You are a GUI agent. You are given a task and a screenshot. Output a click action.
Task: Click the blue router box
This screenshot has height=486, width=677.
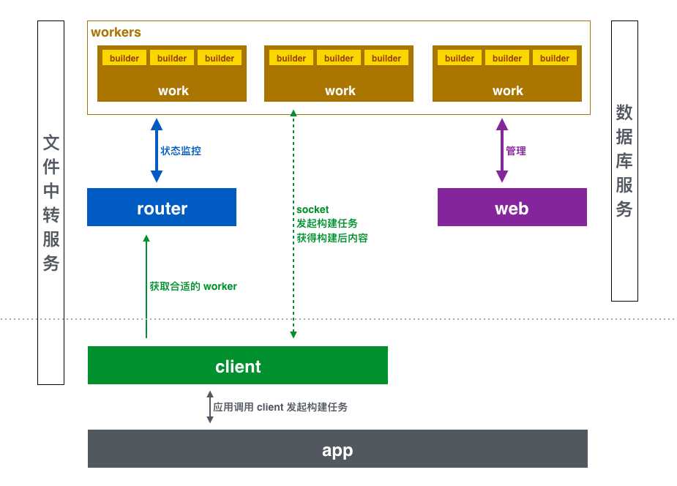click(x=162, y=208)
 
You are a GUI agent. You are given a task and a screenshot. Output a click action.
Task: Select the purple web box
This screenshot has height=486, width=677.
click(x=512, y=208)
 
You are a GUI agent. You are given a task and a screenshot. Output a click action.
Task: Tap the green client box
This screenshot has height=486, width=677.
click(x=237, y=366)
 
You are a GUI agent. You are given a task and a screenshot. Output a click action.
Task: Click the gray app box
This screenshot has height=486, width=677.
click(x=337, y=449)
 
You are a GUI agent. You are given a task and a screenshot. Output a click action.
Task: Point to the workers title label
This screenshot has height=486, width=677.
click(x=116, y=33)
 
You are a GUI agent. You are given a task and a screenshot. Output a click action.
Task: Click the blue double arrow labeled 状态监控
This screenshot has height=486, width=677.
click(x=156, y=152)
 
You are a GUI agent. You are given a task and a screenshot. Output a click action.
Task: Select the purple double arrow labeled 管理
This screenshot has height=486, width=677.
click(x=501, y=152)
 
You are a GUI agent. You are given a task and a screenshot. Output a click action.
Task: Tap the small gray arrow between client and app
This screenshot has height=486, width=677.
click(x=209, y=407)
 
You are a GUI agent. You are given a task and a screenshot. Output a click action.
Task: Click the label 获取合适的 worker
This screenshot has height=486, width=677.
click(x=193, y=286)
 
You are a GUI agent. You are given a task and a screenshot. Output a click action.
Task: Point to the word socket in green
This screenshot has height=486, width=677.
click(x=313, y=209)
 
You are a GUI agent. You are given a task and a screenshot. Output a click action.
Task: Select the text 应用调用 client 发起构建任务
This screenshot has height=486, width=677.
click(x=280, y=407)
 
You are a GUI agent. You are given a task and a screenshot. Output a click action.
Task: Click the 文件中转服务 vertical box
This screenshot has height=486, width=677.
click(x=51, y=202)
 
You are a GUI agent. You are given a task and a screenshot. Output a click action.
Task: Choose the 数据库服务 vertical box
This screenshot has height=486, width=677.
click(x=624, y=160)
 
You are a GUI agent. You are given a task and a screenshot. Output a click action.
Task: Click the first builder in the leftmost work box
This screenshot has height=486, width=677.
click(x=124, y=59)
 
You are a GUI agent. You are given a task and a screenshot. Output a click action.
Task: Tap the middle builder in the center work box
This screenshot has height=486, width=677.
click(x=339, y=59)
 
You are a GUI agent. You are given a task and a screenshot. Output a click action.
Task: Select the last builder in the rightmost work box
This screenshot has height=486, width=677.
click(x=554, y=59)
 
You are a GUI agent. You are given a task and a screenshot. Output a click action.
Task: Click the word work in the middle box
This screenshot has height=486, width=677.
click(x=340, y=91)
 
